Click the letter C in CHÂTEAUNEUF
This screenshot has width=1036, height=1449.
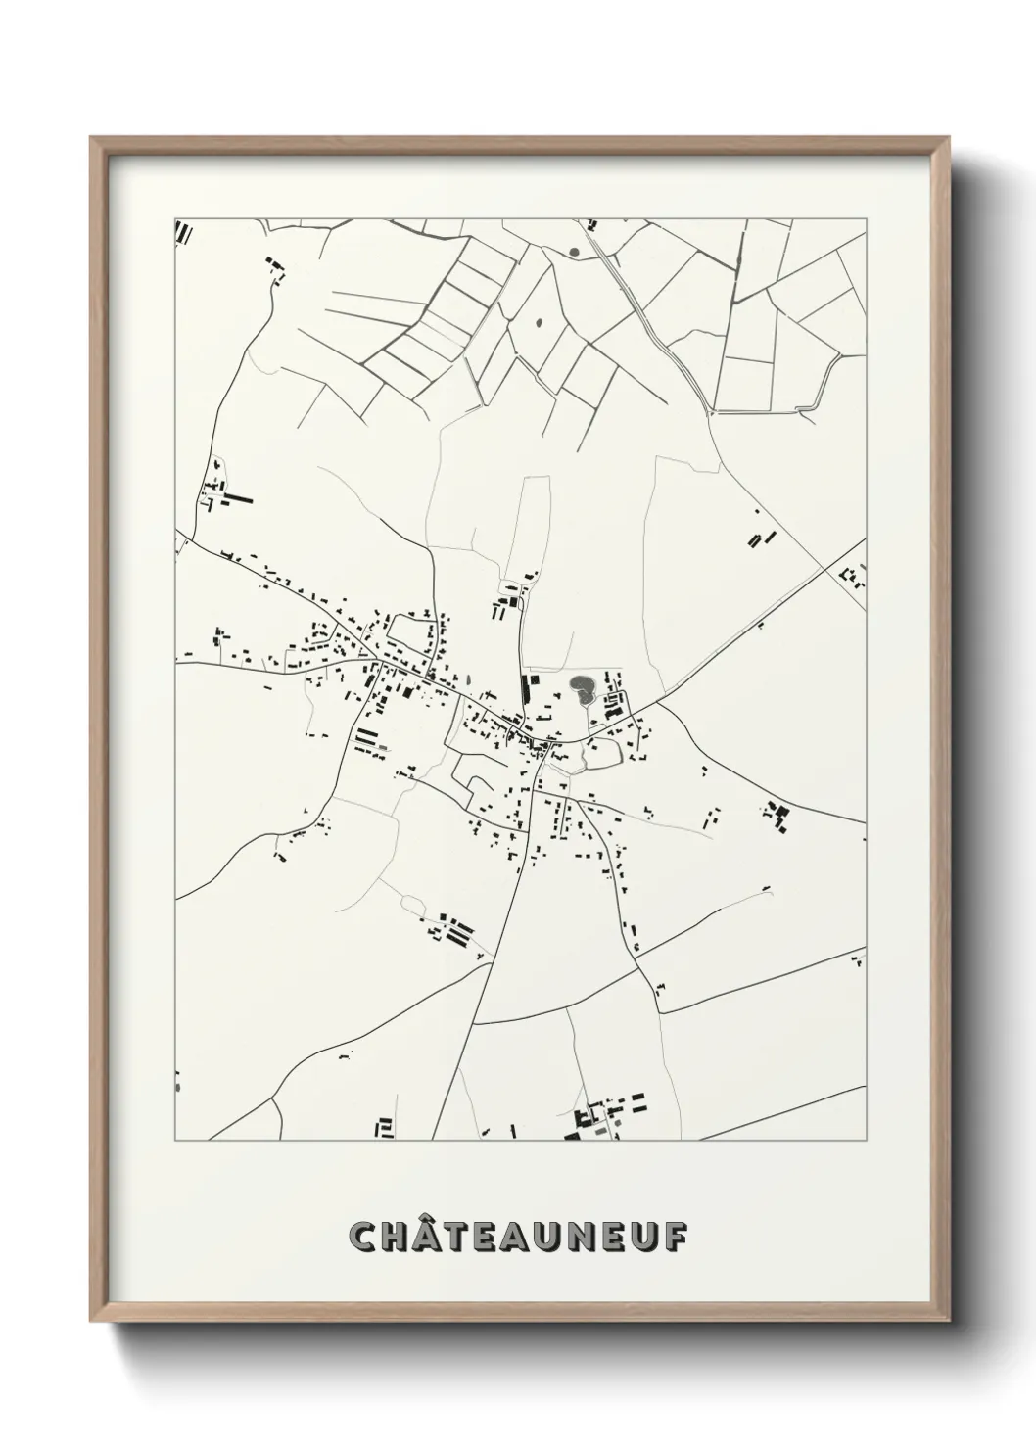[364, 1237]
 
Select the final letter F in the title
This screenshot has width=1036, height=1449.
[675, 1237]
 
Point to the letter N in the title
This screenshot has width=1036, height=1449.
[581, 1237]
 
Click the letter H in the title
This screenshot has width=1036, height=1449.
[397, 1237]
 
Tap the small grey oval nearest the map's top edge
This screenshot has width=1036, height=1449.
[574, 252]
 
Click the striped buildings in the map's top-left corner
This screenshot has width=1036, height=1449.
[183, 231]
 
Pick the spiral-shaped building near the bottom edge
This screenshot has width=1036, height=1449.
[385, 1128]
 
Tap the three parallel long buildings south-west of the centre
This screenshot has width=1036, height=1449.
[369, 740]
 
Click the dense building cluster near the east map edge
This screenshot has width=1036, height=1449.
[778, 816]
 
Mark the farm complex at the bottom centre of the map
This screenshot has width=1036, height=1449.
[602, 1119]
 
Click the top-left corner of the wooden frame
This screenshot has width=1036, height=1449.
[91, 138]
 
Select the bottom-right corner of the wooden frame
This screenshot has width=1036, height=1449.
[952, 1321]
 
